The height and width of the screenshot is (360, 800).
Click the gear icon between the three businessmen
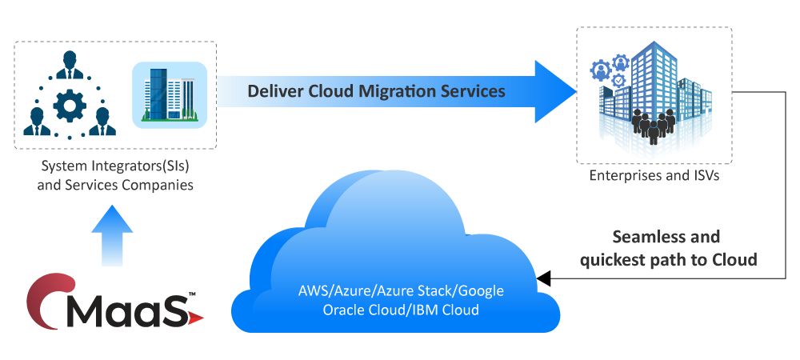pos(70,105)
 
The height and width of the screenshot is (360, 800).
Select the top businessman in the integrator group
pos(70,66)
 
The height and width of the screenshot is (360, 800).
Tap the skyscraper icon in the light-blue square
pos(169,94)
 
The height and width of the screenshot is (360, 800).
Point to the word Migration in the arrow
pos(396,92)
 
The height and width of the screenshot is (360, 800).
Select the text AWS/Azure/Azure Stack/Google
pos(401,291)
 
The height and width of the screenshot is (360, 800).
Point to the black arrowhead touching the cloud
pos(543,278)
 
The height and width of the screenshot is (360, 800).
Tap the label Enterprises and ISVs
pos(654,176)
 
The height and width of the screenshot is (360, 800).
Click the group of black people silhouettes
pos(654,126)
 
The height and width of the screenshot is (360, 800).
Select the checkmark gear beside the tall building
pos(619,80)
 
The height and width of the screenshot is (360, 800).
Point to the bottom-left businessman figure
pos(37,122)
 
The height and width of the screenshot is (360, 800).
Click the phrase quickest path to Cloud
pos(668,260)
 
